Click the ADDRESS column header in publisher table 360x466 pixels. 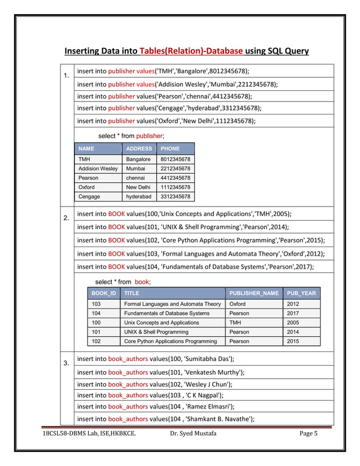point(139,149)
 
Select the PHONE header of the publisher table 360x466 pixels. point(170,149)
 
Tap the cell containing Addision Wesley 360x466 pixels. point(98,169)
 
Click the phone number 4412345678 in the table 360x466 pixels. point(175,178)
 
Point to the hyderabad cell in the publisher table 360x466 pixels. point(138,197)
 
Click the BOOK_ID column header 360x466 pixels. point(104,293)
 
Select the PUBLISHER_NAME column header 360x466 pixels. point(254,293)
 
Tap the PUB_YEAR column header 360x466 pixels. point(301,293)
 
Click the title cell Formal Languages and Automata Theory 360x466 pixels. point(172,304)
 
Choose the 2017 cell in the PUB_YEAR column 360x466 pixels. point(293,313)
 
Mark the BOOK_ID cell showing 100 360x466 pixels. point(96,323)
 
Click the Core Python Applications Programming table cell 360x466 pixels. point(170,341)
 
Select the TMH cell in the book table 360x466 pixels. point(235,323)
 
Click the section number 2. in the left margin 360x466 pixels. point(66,218)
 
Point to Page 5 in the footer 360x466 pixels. point(309,433)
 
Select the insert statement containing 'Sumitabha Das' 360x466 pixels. point(156,359)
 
